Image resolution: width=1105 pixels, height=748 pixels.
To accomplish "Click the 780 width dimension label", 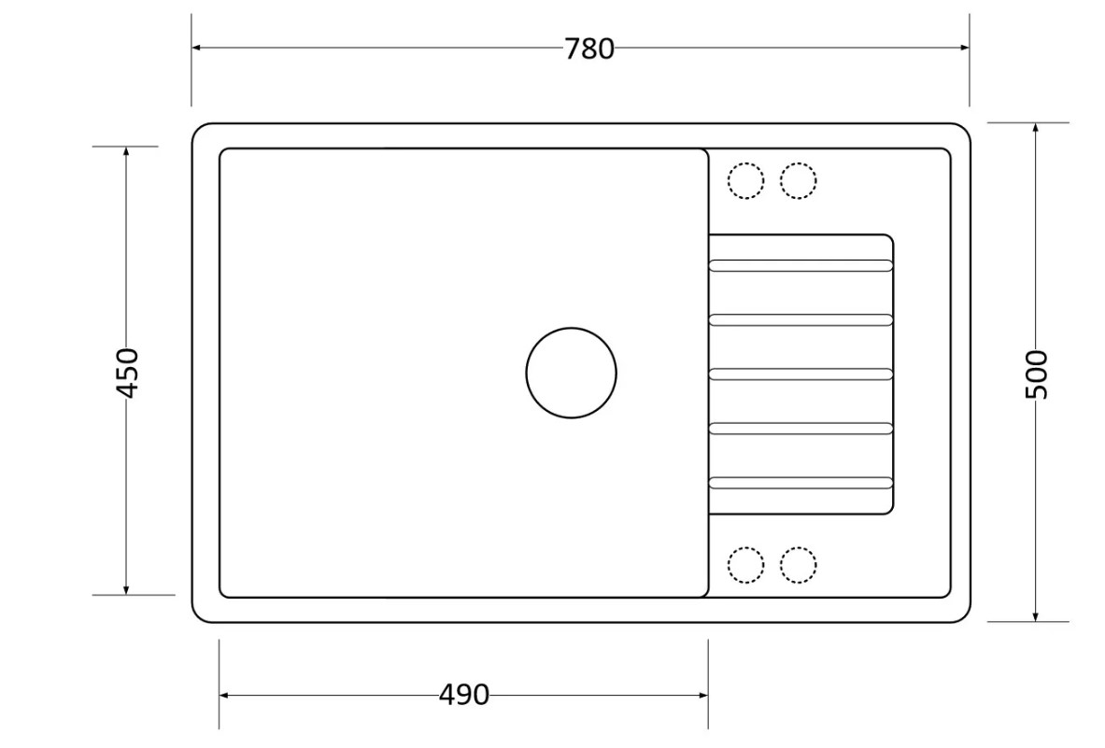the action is [589, 49].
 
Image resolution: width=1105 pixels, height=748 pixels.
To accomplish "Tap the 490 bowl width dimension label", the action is [463, 695].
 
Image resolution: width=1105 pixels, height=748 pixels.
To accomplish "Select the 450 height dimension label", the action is [128, 373].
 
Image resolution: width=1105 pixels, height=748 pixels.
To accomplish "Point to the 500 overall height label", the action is [1036, 374].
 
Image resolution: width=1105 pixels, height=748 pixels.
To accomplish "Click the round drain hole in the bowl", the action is [572, 328].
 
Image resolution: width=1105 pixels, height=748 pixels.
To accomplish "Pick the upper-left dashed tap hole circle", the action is [745, 162].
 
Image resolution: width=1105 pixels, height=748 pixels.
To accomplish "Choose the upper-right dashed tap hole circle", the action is [799, 162].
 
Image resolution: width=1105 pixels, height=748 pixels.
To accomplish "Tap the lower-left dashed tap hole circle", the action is [745, 546].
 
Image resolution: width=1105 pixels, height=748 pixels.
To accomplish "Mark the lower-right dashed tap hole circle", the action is [799, 546].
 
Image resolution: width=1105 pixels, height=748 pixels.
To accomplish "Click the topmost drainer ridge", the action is [800, 265].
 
